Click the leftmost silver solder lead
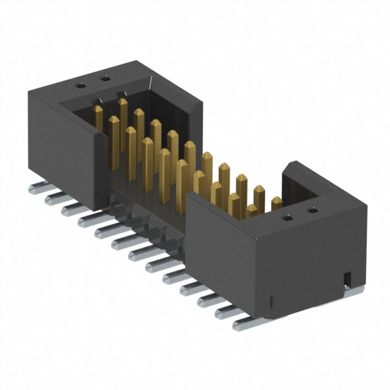(35, 184)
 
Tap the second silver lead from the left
(51, 196)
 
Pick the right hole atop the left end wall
(105, 77)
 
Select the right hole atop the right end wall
(314, 210)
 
